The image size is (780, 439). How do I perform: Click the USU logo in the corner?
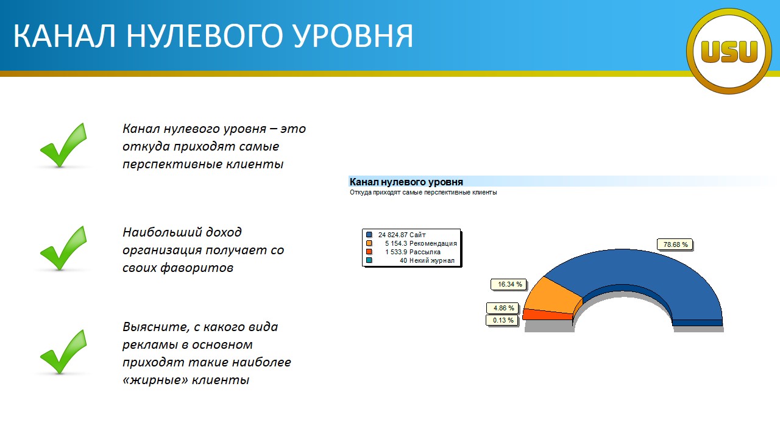(x=729, y=51)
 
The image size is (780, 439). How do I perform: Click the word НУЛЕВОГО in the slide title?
(x=204, y=36)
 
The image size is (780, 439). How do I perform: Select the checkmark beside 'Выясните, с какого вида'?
(x=63, y=352)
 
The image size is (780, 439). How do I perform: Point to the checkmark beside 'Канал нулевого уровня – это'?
(x=63, y=145)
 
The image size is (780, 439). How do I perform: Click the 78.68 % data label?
(x=675, y=244)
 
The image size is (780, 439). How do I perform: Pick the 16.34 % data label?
(x=509, y=284)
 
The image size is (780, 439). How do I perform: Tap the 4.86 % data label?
(x=503, y=308)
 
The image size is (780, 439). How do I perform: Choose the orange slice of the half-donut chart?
(x=552, y=296)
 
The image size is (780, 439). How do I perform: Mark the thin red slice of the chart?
(x=547, y=314)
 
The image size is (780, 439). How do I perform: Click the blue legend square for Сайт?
(x=369, y=235)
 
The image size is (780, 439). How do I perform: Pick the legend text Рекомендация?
(x=433, y=243)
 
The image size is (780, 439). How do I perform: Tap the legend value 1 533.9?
(x=396, y=252)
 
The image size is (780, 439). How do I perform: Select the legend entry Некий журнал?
(x=432, y=260)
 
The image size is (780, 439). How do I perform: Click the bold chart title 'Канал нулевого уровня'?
(x=406, y=182)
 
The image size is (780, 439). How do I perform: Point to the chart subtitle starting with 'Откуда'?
(x=423, y=192)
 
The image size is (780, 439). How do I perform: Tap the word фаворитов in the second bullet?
(x=197, y=268)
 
